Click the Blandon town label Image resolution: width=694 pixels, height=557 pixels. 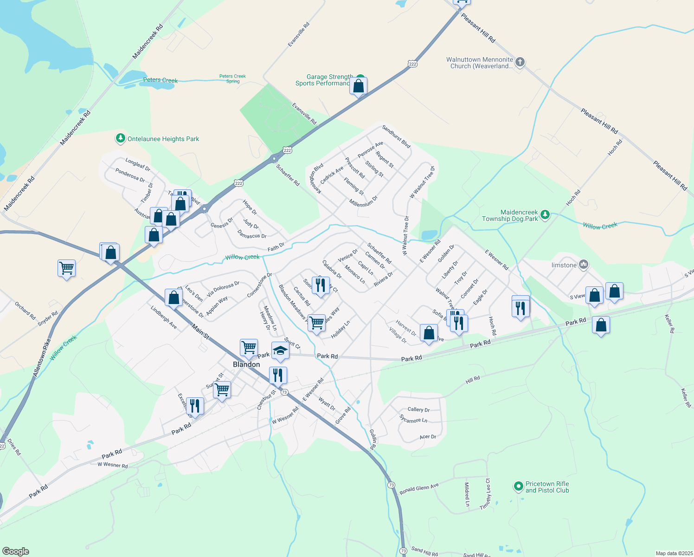point(246,364)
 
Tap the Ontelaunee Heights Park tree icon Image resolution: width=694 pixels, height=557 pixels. point(121,138)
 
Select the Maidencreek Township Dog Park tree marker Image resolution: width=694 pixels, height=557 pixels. point(546,214)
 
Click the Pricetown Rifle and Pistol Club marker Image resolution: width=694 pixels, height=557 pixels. point(518,486)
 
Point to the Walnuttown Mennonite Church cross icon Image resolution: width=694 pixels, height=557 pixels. point(520,62)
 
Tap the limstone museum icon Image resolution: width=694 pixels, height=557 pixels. point(584,265)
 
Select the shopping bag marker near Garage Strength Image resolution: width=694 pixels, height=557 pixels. point(359,86)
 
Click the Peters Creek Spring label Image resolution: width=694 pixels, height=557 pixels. point(232,78)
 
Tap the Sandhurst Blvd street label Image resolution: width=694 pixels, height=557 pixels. point(396,136)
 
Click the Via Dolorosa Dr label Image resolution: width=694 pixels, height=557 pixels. point(223,289)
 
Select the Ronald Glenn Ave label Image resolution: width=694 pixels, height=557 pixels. point(419,489)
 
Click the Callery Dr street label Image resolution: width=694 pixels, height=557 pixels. point(418,409)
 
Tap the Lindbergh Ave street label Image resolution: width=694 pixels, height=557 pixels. point(164,317)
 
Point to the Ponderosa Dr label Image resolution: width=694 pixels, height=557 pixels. point(130,175)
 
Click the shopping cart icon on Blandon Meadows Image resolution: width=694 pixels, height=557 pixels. point(316,322)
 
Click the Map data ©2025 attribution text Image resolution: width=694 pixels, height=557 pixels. point(674,553)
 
